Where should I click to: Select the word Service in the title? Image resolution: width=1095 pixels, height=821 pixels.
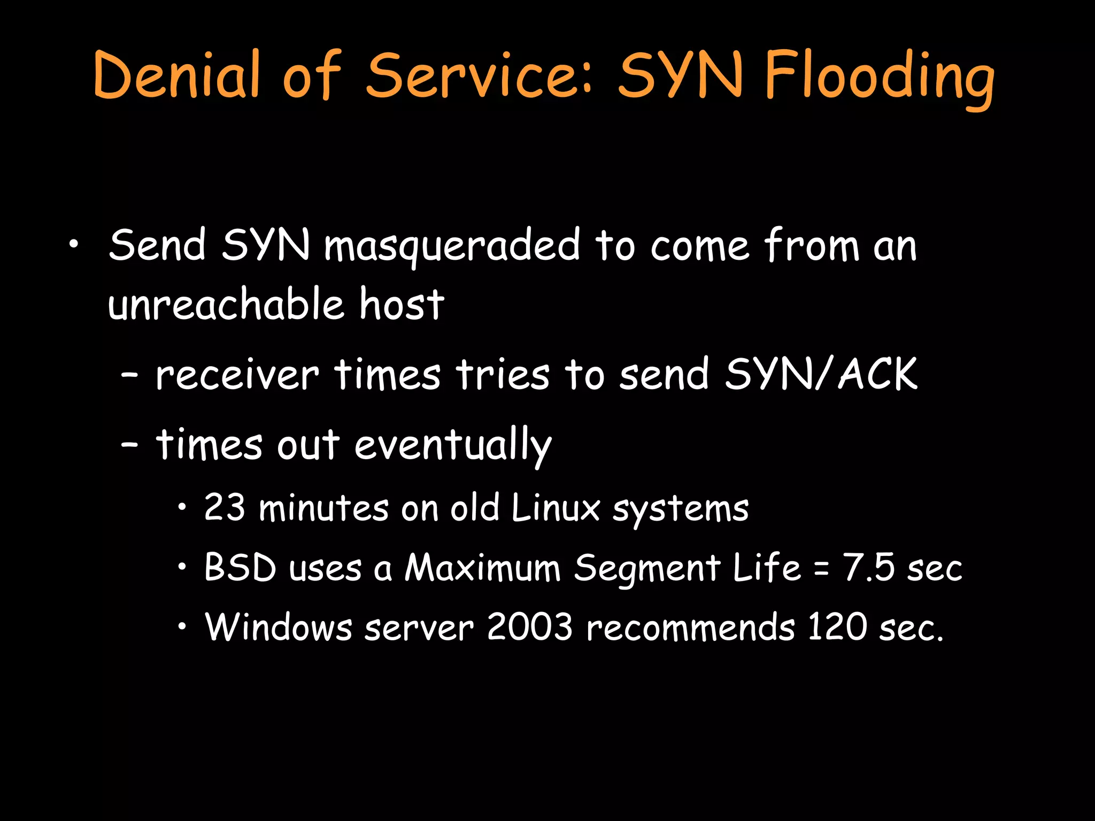tap(479, 75)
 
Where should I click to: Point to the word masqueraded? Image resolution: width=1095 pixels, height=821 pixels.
tap(452, 246)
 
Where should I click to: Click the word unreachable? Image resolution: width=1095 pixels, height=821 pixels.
tap(226, 305)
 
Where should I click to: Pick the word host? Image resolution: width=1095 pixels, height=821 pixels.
tap(402, 305)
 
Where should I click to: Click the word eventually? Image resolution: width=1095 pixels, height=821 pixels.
tap(452, 445)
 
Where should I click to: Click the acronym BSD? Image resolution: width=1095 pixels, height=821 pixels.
tap(241, 567)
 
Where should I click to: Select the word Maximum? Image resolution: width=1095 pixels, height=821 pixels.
tap(482, 567)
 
